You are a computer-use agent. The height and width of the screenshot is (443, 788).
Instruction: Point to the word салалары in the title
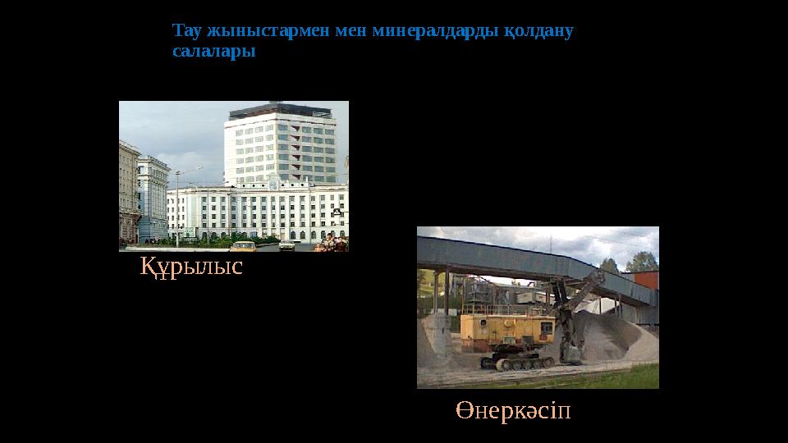[214, 51]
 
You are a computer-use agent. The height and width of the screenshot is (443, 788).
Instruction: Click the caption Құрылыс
[191, 267]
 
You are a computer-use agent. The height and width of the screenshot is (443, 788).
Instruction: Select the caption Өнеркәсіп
[514, 410]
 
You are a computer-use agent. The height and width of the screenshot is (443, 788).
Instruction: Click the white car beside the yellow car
[286, 244]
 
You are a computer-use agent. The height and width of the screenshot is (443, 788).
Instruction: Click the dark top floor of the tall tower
[280, 110]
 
